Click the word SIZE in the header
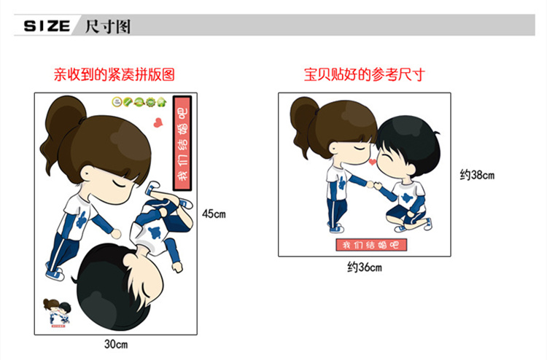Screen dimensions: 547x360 coord(47,26)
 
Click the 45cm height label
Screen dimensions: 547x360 coord(214,214)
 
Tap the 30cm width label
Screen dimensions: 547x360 coord(116,344)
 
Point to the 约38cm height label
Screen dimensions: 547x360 coord(477,175)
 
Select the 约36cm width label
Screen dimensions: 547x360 coord(365,267)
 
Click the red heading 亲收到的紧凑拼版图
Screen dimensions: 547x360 coord(114,74)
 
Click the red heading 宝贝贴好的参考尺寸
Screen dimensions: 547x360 coord(364,74)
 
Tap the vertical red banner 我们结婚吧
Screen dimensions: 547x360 coord(182,143)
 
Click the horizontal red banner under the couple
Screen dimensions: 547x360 coord(371,245)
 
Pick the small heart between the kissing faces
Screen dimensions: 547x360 coord(373,162)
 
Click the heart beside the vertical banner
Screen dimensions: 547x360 coord(158,122)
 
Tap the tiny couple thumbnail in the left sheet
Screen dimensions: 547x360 coord(56,313)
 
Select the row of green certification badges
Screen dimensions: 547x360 coord(139,102)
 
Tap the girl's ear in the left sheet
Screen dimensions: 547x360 coord(88,173)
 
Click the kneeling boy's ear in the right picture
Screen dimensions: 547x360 coord(410,170)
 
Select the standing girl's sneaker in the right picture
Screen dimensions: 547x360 coord(336,228)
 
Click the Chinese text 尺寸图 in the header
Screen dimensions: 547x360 coord(108,26)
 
